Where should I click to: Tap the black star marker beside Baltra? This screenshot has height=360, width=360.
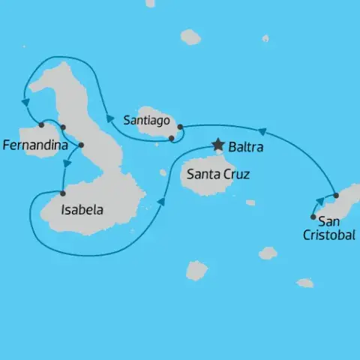[x=218, y=144]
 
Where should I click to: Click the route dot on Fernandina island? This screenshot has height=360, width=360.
[x=41, y=124]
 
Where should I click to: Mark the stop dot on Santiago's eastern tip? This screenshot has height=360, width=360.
[x=181, y=127]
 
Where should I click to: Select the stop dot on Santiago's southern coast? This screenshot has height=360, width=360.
[x=172, y=138]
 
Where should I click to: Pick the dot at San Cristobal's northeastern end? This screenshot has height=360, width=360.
[x=336, y=196]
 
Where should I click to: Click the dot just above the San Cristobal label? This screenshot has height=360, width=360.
[x=313, y=217]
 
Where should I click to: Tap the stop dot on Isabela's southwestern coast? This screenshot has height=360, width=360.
[x=62, y=193]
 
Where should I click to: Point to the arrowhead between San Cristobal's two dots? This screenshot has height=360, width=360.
[x=320, y=201]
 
